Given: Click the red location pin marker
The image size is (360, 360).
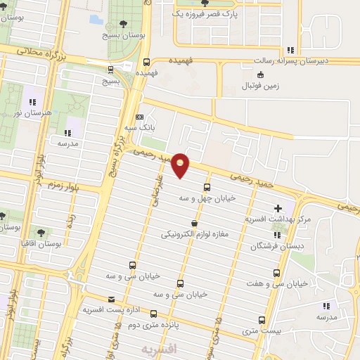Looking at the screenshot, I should tap(181, 165).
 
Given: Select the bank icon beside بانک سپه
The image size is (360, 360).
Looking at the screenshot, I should tap(140, 117).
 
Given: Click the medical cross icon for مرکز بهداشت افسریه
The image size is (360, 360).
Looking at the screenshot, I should tap(278, 208).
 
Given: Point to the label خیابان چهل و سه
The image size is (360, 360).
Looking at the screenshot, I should tap(207, 198).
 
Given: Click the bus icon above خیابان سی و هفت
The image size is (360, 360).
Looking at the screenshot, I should tap(276, 273).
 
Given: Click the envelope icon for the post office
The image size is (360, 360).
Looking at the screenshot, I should tap(91, 300).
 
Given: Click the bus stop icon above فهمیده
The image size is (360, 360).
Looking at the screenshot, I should tap(146, 61).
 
